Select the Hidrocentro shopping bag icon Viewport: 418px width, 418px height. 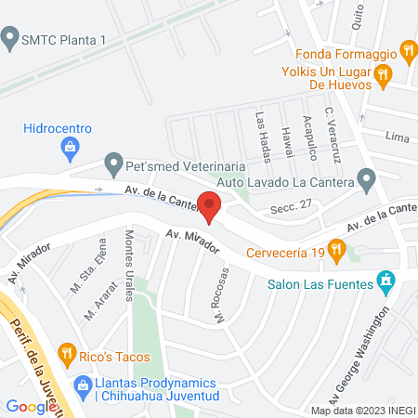click(70, 146)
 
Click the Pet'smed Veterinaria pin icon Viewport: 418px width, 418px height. click(113, 164)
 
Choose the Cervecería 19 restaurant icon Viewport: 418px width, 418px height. click(336, 248)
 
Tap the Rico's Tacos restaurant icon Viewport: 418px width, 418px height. click(66, 353)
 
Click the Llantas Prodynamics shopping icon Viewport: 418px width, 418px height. click(83, 384)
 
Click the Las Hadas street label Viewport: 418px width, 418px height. click(263, 132)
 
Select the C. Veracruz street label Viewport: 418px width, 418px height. click(333, 135)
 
